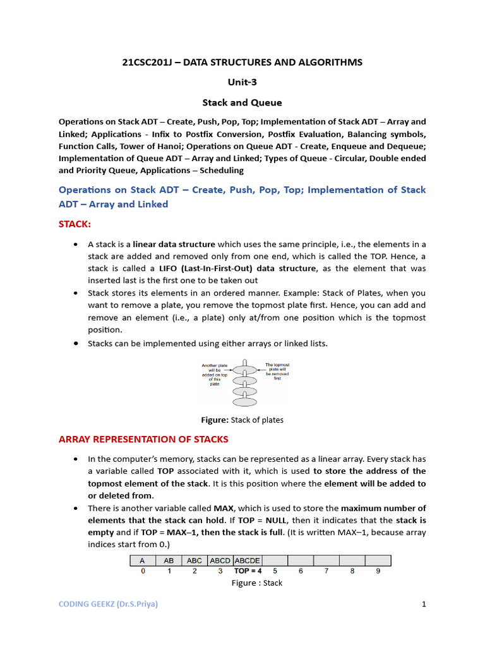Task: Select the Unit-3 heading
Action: tap(242, 82)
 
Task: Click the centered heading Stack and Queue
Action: tap(242, 102)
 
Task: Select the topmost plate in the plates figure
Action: tap(244, 369)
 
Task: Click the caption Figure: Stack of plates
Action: tap(242, 420)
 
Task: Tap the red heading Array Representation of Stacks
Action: tap(143, 439)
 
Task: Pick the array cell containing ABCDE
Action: tap(248, 560)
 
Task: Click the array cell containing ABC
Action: tap(195, 560)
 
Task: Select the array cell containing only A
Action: tap(143, 560)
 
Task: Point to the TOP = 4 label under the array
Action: tap(248, 571)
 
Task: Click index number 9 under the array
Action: tap(378, 571)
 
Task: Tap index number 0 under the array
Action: tap(143, 571)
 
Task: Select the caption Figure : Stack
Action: tap(256, 583)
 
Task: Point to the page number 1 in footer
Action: tap(424, 604)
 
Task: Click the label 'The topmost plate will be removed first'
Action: tap(277, 372)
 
